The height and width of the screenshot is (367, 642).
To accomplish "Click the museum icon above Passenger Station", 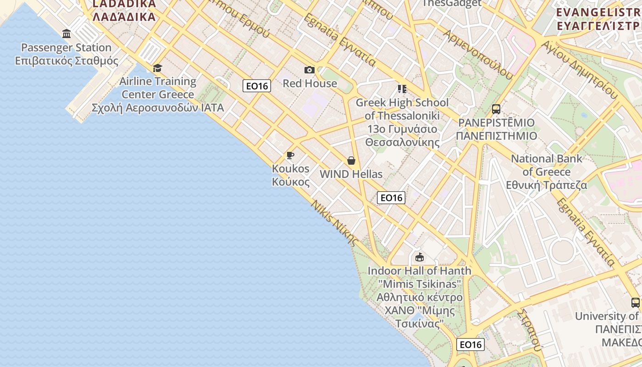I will (66, 33).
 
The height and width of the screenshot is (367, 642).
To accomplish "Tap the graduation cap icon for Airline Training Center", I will (157, 68).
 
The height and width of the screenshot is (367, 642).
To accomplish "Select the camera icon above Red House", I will (310, 70).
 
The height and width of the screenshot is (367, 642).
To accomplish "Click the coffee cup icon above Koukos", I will (290, 155).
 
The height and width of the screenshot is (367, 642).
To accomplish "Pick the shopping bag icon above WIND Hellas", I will (351, 161).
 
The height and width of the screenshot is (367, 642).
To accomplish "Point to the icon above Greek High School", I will (402, 89).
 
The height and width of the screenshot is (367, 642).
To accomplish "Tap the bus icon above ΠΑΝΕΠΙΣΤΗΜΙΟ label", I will (496, 109).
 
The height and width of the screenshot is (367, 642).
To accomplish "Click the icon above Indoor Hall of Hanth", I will (419, 257).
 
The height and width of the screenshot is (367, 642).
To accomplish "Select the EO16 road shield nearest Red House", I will (257, 86).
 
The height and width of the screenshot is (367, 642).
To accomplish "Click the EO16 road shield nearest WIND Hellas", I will (391, 198).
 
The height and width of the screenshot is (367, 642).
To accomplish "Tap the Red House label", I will (310, 83).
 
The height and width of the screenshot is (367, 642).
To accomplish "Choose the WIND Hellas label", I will (351, 174).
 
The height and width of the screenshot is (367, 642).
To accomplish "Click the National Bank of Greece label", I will (547, 172).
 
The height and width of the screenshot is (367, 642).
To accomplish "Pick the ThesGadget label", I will (452, 4).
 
